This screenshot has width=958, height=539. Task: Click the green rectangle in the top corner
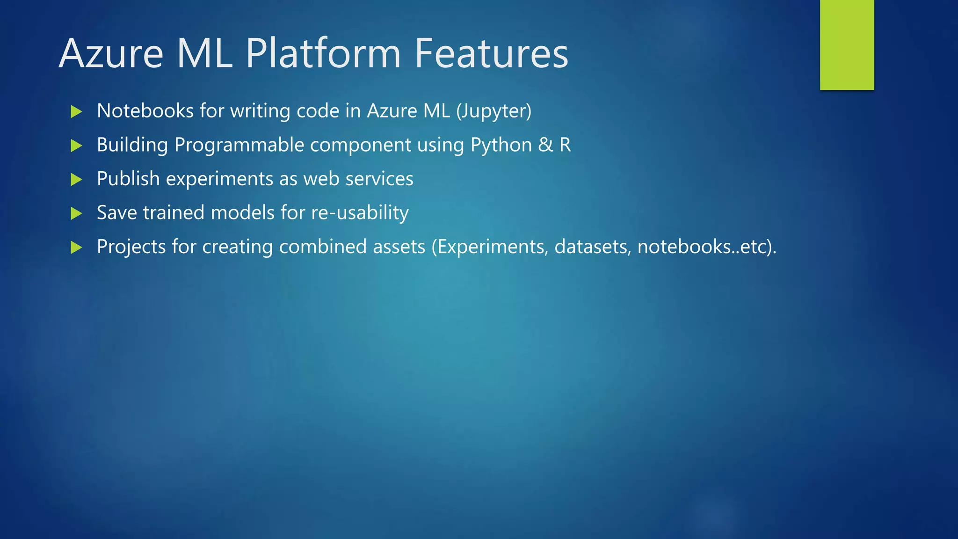click(847, 44)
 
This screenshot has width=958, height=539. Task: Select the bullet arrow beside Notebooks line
click(76, 111)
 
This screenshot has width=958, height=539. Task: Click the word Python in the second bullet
click(501, 145)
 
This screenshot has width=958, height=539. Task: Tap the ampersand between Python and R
click(545, 145)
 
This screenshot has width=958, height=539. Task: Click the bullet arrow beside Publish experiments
click(76, 179)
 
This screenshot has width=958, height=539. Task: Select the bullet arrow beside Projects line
click(76, 247)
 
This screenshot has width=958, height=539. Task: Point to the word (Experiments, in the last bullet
click(489, 247)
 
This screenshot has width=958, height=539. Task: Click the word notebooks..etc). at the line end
click(706, 247)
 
